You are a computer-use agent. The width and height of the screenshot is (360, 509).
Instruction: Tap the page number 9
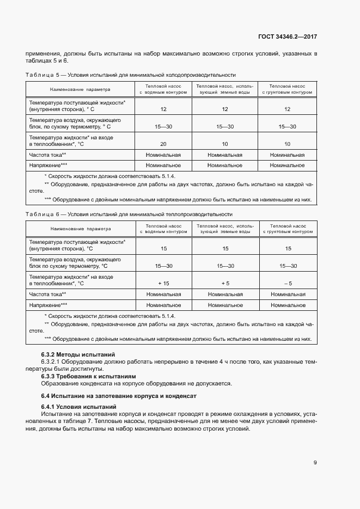315,463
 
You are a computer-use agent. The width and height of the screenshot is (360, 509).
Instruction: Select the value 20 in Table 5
163,144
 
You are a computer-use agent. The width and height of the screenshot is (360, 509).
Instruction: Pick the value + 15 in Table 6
163,283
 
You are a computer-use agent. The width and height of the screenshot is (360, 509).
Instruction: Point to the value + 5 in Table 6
225,283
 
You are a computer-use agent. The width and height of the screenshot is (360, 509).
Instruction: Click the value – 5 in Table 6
288,283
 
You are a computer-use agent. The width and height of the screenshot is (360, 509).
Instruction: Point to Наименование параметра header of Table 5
80,89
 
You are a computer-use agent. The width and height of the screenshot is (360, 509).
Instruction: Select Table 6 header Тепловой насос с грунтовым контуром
288,228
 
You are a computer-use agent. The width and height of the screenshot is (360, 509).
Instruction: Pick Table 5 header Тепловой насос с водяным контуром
163,89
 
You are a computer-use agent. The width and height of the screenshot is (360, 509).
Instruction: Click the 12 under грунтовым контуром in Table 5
288,109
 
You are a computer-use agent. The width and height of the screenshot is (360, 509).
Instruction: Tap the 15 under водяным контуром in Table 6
163,249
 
